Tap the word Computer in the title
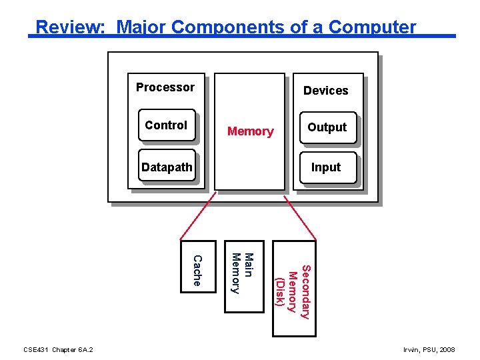coord(372,27)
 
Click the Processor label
coord(165,87)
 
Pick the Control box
coord(167,125)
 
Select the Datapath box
coord(167,167)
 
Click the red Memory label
coord(250,131)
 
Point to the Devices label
coord(325,91)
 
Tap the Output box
coord(327,127)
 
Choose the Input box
coord(326,167)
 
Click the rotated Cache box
coord(199,267)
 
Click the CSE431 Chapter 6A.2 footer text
coord(58,349)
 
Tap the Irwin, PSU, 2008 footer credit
coord(429,349)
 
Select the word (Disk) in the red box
coord(281,291)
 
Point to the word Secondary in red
coord(305,291)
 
